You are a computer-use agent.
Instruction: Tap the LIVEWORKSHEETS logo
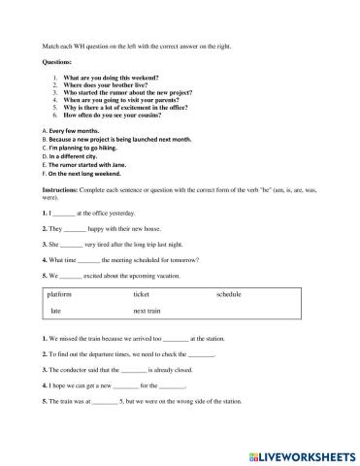(302, 453)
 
